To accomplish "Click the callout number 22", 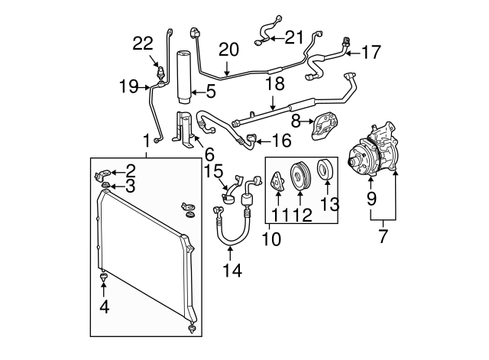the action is pos(143,44).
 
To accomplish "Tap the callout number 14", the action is pos(232,271).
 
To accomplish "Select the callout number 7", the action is pos(384,236).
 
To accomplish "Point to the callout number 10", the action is pos(272,239).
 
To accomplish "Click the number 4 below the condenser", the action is pos(105,307).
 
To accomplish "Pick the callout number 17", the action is pos(371,52).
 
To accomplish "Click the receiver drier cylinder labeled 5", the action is pos(185,76).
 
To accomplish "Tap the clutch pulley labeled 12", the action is pos(300,175).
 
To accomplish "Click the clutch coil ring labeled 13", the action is pos(326,169).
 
